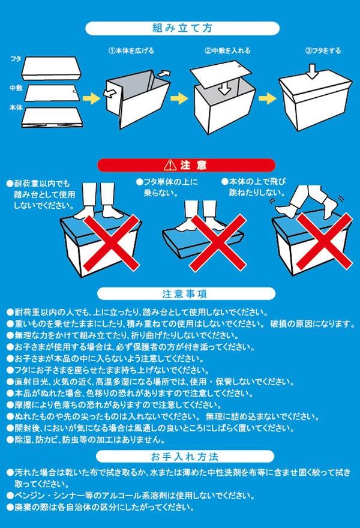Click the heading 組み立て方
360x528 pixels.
[x=182, y=28]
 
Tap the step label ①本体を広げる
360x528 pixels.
[x=131, y=50]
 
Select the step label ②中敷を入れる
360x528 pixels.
[x=227, y=50]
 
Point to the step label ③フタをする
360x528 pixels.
[x=323, y=50]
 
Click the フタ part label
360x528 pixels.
[x=16, y=59]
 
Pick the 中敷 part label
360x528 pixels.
[x=16, y=88]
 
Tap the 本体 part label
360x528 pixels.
[x=16, y=108]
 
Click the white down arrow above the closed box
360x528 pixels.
[x=313, y=71]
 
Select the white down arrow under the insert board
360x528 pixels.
[x=224, y=88]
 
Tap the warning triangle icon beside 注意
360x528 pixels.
[x=170, y=165]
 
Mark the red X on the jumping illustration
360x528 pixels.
[x=324, y=241]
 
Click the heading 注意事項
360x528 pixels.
[x=185, y=294]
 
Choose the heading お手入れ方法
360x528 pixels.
[x=185, y=457]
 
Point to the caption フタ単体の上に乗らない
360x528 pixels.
[x=167, y=188]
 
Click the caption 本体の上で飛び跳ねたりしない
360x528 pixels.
[x=254, y=187]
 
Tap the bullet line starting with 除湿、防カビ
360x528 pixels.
[x=86, y=440]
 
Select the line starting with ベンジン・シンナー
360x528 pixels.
[x=130, y=496]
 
